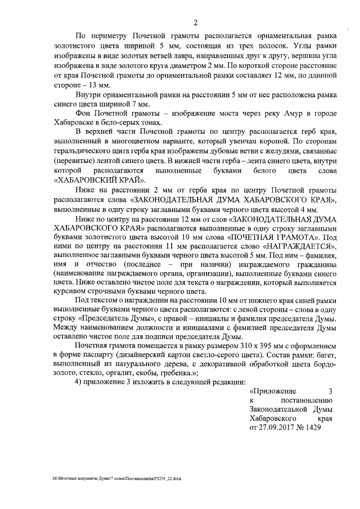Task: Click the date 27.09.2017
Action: coord(272,427)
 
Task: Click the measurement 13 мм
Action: coord(98,85)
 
